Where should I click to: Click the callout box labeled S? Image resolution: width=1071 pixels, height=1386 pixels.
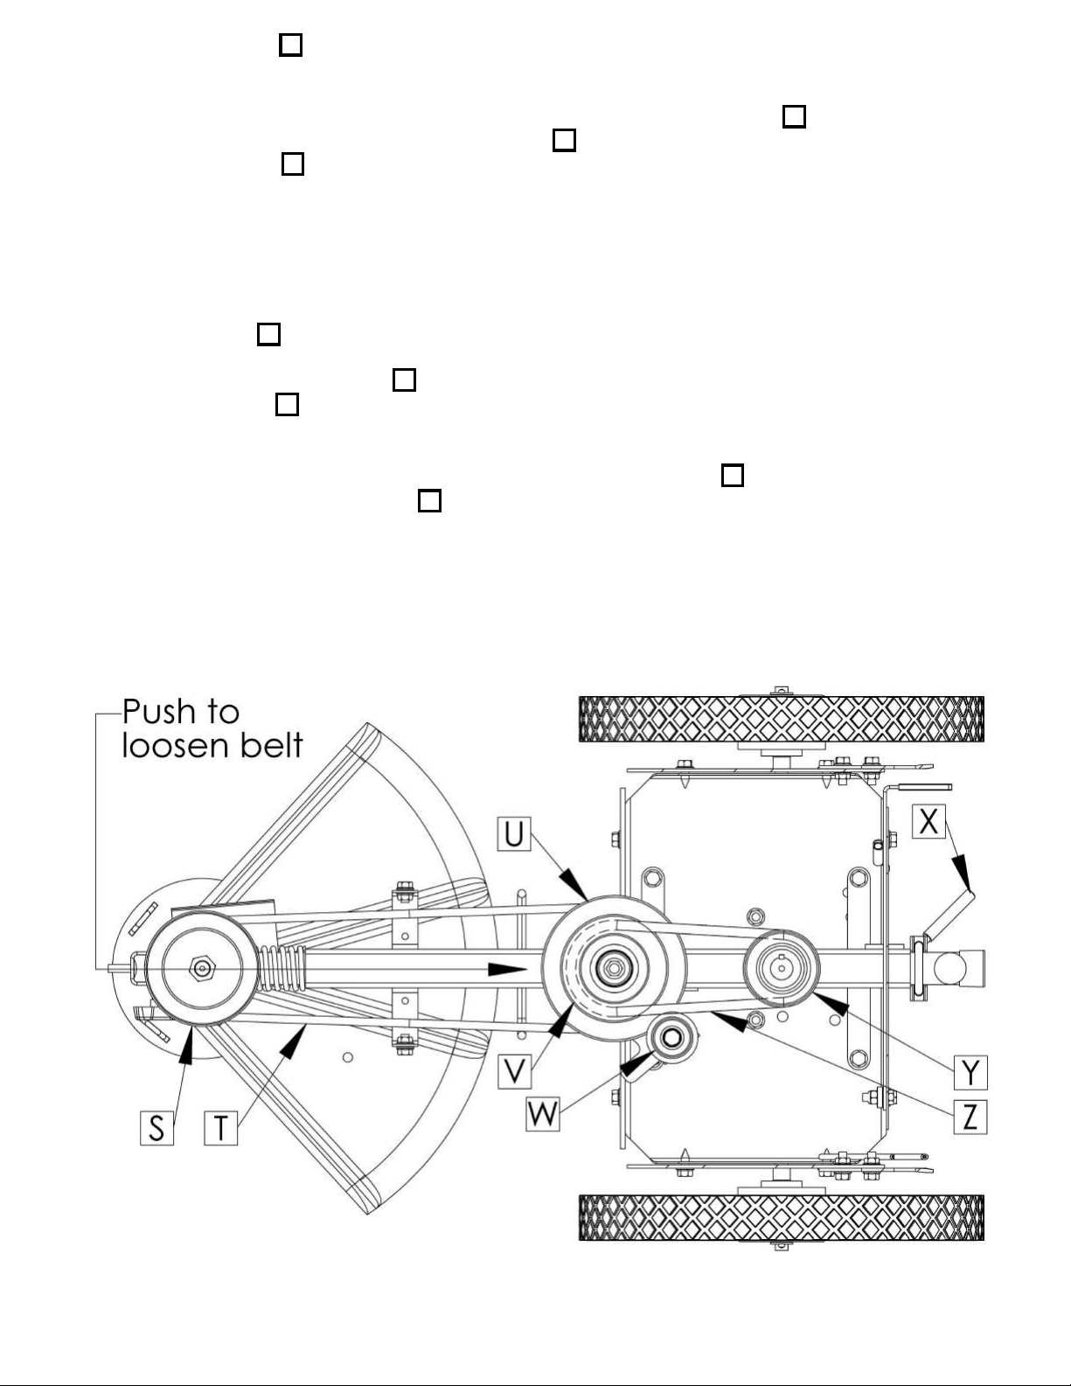156,1128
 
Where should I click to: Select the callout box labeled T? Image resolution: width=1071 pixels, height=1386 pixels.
220,1128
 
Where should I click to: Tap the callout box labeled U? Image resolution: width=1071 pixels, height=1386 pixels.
514,833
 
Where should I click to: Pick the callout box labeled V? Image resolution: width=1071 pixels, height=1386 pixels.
514,1071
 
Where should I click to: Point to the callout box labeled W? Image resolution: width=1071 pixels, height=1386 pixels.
543,1114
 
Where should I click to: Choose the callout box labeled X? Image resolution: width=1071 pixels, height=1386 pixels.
928,821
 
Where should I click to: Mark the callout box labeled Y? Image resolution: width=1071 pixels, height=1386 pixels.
970,1072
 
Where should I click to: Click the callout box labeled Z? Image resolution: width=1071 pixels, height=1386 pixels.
970,1117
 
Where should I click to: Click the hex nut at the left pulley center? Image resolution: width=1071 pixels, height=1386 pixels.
202,968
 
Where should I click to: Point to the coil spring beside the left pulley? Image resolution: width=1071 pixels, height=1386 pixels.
282,968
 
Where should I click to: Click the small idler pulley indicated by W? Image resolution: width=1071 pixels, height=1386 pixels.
671,1038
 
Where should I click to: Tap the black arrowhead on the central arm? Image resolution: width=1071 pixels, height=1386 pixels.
507,970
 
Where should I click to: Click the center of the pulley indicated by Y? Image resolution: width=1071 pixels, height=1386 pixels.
781,968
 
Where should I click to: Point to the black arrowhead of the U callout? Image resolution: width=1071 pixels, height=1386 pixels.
574,884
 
